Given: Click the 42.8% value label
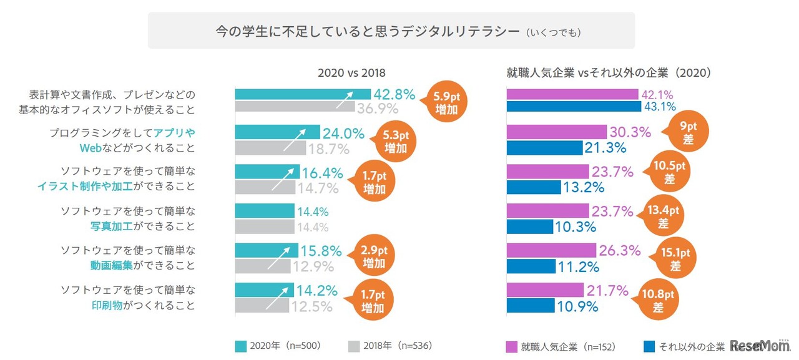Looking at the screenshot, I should pos(395,95).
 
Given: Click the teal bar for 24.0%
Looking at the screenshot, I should pos(278,132).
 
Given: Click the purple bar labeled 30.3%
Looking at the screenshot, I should pos(556,132).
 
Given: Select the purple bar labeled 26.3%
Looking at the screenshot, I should pos(551,251).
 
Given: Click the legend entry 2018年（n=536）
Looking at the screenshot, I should pos(390,346).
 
